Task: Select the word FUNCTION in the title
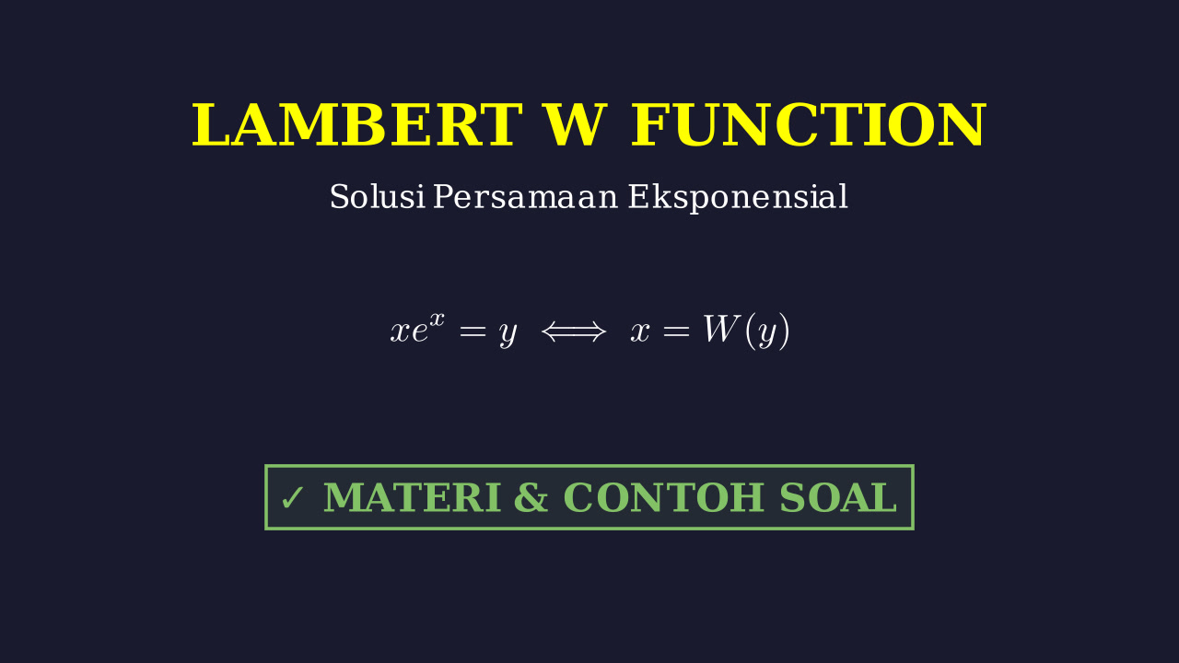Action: pyautogui.click(x=808, y=125)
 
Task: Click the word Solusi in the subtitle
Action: pyautogui.click(x=378, y=197)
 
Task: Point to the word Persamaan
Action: pyautogui.click(x=525, y=197)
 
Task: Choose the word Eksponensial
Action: pyautogui.click(x=738, y=197)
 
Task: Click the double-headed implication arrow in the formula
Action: pyautogui.click(x=574, y=332)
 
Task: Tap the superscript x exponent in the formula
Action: pyautogui.click(x=437, y=319)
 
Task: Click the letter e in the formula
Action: pyautogui.click(x=419, y=332)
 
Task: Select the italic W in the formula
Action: pyautogui.click(x=722, y=330)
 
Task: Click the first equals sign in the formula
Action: pyautogui.click(x=473, y=332)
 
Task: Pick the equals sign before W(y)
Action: pyautogui.click(x=676, y=332)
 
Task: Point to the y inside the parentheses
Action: pyautogui.click(x=767, y=334)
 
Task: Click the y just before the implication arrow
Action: pyautogui.click(x=508, y=334)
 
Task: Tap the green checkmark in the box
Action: pyautogui.click(x=292, y=498)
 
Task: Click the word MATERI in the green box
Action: pyautogui.click(x=412, y=497)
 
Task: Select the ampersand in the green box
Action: pyautogui.click(x=531, y=497)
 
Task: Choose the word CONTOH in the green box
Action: pyautogui.click(x=664, y=497)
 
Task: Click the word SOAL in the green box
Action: pyautogui.click(x=838, y=497)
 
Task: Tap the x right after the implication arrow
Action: pyautogui.click(x=640, y=332)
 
